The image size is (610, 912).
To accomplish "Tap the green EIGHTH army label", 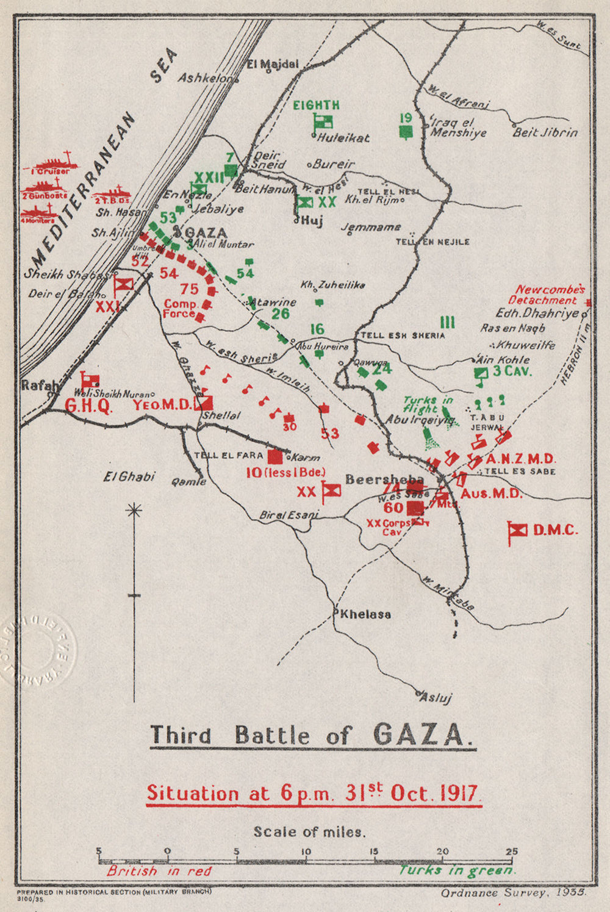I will click(316, 105).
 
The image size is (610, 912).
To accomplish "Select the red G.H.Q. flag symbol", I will click(90, 380).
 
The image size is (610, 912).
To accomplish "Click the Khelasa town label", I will click(365, 614).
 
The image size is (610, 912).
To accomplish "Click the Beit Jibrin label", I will click(545, 132).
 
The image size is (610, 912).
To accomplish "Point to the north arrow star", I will click(134, 510).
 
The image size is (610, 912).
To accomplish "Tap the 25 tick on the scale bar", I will click(511, 852).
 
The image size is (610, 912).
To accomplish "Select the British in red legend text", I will click(159, 871).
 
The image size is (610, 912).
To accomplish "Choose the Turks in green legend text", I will click(456, 871).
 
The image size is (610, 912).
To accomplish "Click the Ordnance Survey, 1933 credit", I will click(514, 892).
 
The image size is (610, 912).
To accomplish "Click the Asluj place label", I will click(435, 697).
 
